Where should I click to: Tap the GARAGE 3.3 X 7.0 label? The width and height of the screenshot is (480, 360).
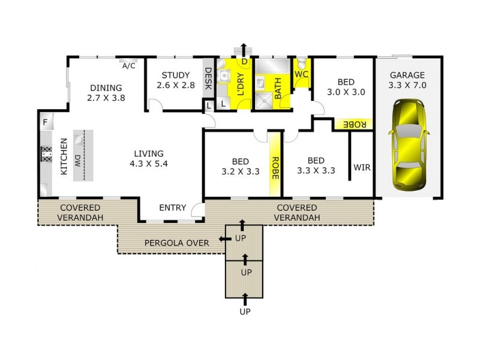(x=407, y=80)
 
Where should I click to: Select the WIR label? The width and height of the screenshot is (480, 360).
(x=362, y=167)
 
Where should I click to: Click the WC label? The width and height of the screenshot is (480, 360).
(x=301, y=74)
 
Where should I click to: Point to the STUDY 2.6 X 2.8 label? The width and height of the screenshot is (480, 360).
(x=176, y=80)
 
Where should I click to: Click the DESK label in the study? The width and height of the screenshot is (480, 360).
(x=208, y=79)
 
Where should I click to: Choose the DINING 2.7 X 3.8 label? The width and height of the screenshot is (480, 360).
(x=106, y=92)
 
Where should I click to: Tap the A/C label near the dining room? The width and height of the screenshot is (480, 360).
(x=128, y=66)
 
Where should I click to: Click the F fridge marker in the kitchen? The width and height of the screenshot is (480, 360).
(x=45, y=123)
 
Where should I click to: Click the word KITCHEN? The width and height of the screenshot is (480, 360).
(x=64, y=157)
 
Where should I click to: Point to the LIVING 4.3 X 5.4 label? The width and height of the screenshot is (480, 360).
(x=149, y=158)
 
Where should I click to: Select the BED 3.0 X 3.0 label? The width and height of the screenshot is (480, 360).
(x=346, y=88)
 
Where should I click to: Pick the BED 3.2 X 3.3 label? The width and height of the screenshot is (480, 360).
(x=241, y=166)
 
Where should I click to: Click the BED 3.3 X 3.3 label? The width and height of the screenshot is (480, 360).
(x=316, y=166)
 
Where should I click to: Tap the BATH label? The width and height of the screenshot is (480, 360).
(x=278, y=88)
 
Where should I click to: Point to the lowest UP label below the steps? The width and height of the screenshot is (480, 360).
(x=244, y=311)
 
